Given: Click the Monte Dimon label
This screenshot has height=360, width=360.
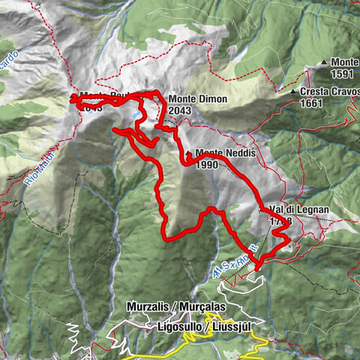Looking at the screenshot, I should pyautogui.click(x=197, y=98).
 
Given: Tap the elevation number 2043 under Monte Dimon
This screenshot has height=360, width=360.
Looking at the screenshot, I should pyautogui.click(x=179, y=110).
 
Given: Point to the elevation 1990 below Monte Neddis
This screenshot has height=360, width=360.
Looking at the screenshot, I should pyautogui.click(x=206, y=165).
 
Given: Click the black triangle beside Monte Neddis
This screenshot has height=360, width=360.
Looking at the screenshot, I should pyautogui.click(x=187, y=153).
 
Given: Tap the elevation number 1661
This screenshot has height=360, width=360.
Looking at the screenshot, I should pyautogui.click(x=311, y=103).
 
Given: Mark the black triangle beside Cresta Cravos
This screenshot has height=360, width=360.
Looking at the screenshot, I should pyautogui.click(x=293, y=91).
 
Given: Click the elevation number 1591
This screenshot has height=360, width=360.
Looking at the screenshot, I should pyautogui.click(x=343, y=74).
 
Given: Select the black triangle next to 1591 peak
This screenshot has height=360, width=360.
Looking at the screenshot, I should pyautogui.click(x=324, y=62).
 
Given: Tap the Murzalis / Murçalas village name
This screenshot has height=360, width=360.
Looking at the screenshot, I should pyautogui.click(x=165, y=307).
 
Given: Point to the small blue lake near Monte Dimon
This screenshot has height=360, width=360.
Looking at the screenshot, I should pyautogui.click(x=135, y=116).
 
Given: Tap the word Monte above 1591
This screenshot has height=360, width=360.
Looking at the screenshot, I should pyautogui.click(x=344, y=62).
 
